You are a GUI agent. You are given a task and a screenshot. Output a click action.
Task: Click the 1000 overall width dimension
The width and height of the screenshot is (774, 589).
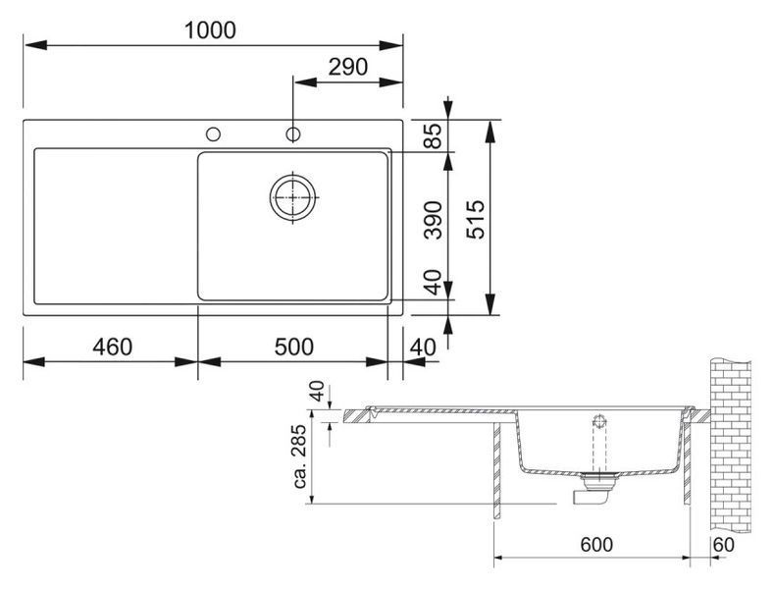click(210, 30)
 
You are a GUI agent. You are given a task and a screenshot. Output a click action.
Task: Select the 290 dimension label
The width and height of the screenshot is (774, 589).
click(348, 67)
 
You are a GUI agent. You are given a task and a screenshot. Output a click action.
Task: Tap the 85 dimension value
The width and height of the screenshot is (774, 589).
click(433, 135)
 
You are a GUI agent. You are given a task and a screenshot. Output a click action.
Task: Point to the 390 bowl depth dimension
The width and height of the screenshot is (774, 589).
click(433, 220)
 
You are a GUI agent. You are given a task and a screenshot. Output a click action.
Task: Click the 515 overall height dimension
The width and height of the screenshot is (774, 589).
click(477, 220)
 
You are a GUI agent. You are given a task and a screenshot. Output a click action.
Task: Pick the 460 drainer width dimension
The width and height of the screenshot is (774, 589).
click(113, 347)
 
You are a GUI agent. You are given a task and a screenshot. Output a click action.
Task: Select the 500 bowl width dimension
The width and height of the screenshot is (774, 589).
click(293, 347)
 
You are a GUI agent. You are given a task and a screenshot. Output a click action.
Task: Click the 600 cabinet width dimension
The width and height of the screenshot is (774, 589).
click(596, 545)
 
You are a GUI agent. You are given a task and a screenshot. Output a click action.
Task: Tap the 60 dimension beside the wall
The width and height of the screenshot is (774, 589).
click(724, 545)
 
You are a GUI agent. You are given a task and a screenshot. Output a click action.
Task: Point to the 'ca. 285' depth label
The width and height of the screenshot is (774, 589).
click(300, 457)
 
